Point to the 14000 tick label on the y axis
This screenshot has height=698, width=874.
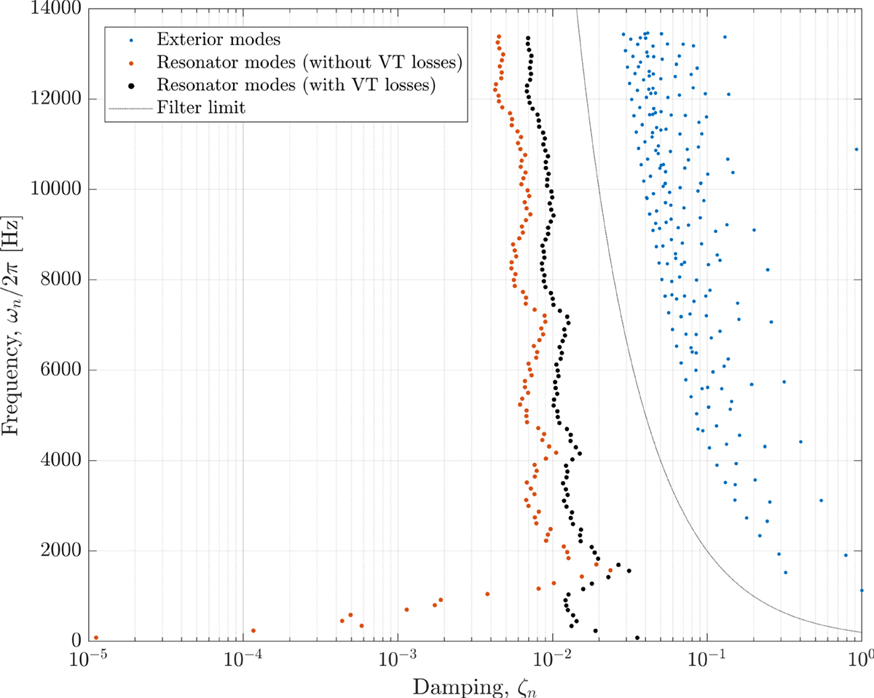pos(56,9)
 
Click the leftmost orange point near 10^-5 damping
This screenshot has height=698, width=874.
pos(96,638)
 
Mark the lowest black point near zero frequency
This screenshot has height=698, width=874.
pos(638,638)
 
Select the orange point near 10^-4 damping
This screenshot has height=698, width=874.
pos(253,630)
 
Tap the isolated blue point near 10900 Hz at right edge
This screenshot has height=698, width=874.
pos(857,149)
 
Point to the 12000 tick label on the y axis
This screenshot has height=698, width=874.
pos(56,99)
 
